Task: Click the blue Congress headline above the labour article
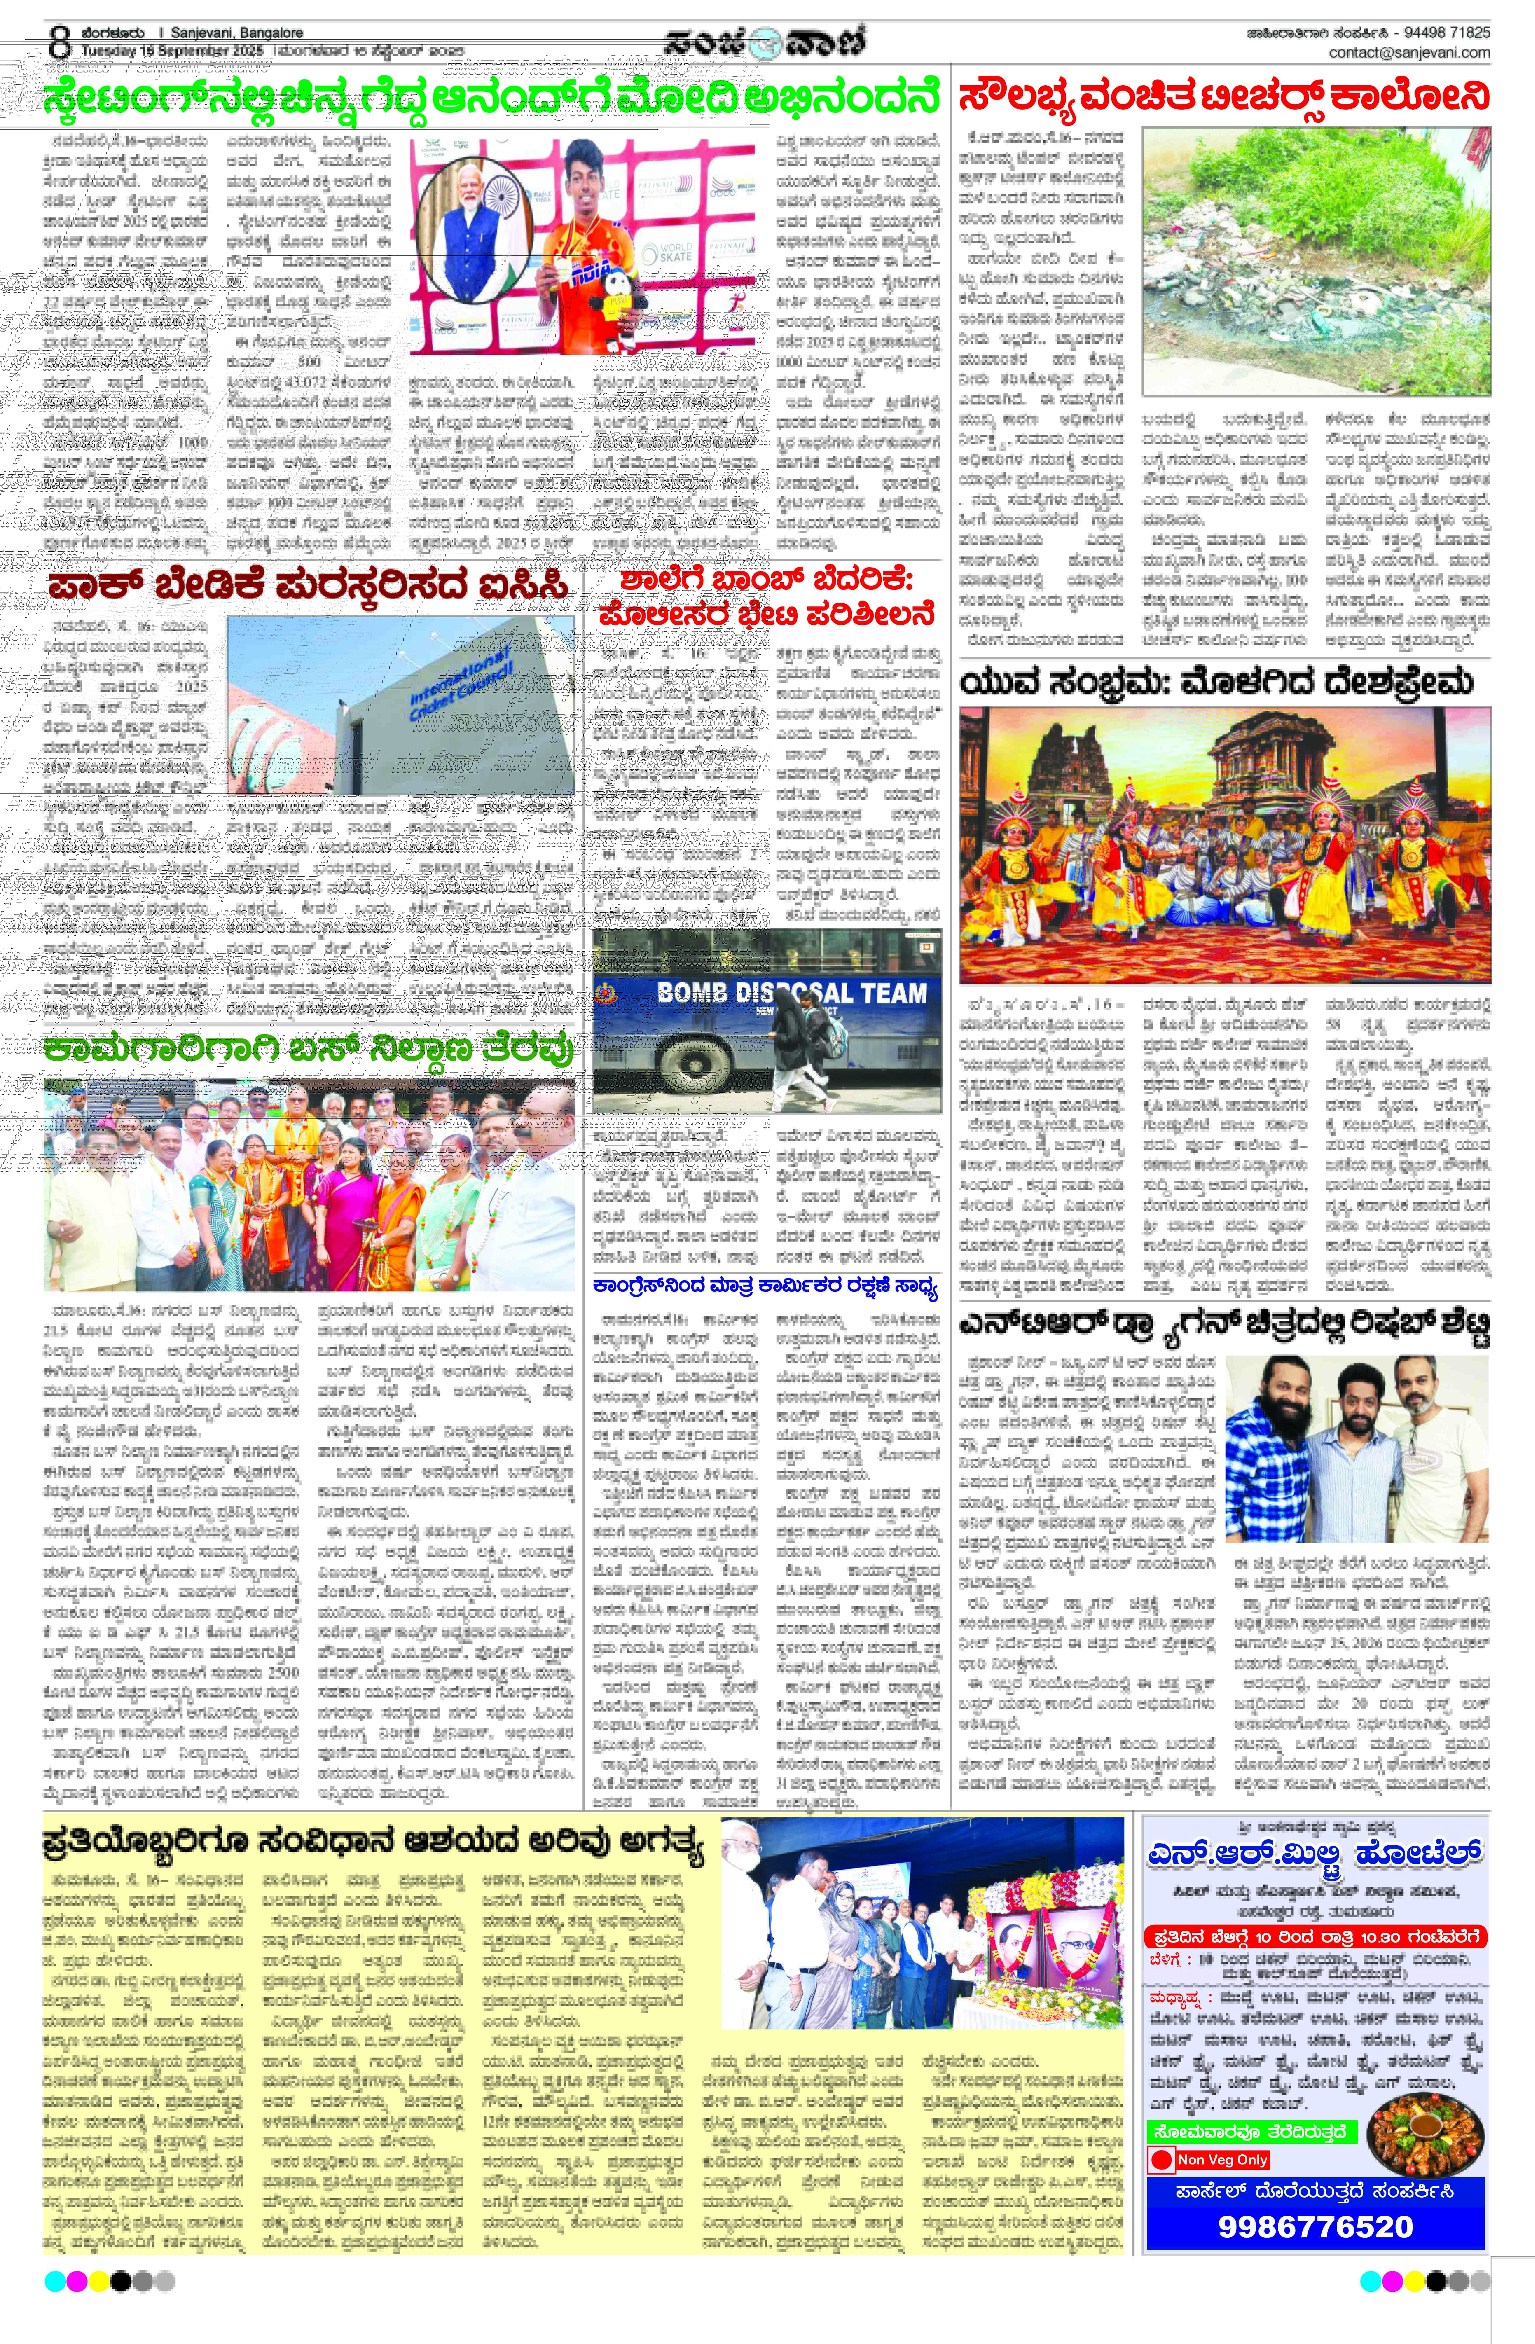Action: pos(764,1286)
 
